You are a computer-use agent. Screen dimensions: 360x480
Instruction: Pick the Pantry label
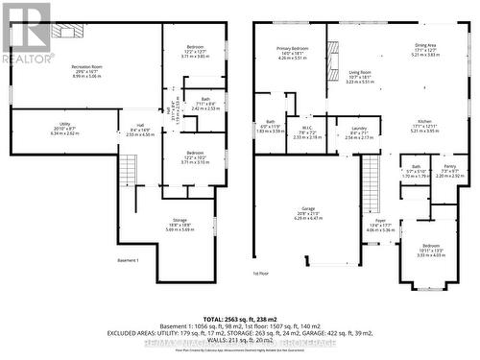449,167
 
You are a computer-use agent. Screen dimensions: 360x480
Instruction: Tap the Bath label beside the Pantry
416,167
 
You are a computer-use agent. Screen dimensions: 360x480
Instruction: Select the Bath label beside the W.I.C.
270,123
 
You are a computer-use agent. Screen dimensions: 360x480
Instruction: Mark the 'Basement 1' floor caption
129,261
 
